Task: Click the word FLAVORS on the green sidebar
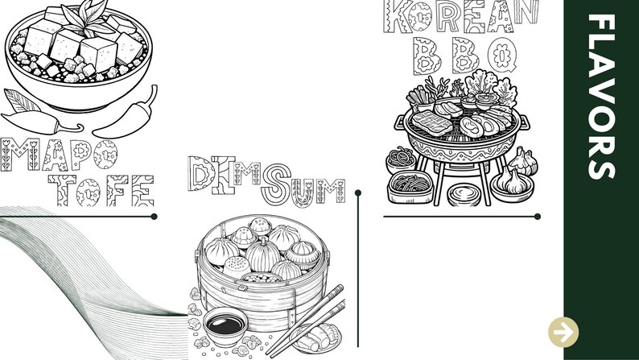pos(601,97)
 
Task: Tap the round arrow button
pos(563,333)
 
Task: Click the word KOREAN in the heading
pos(461,16)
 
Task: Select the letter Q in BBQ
pos(502,54)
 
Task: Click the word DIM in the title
pos(225,175)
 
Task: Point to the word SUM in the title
pos(303,186)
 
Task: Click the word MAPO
pos(59,155)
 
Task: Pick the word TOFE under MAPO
pos(101,190)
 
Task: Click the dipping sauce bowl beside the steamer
pos(225,326)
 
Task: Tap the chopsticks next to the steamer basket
pos(306,321)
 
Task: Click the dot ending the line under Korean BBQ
pos(538,217)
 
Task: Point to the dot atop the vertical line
pos(358,192)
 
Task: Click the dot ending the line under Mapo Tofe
pos(154,217)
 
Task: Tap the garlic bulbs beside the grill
pos(516,173)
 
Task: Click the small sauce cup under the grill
pos(464,195)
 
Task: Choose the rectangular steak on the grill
pos(431,122)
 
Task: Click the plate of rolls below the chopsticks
pos(316,338)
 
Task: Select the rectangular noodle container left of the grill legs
pos(410,187)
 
